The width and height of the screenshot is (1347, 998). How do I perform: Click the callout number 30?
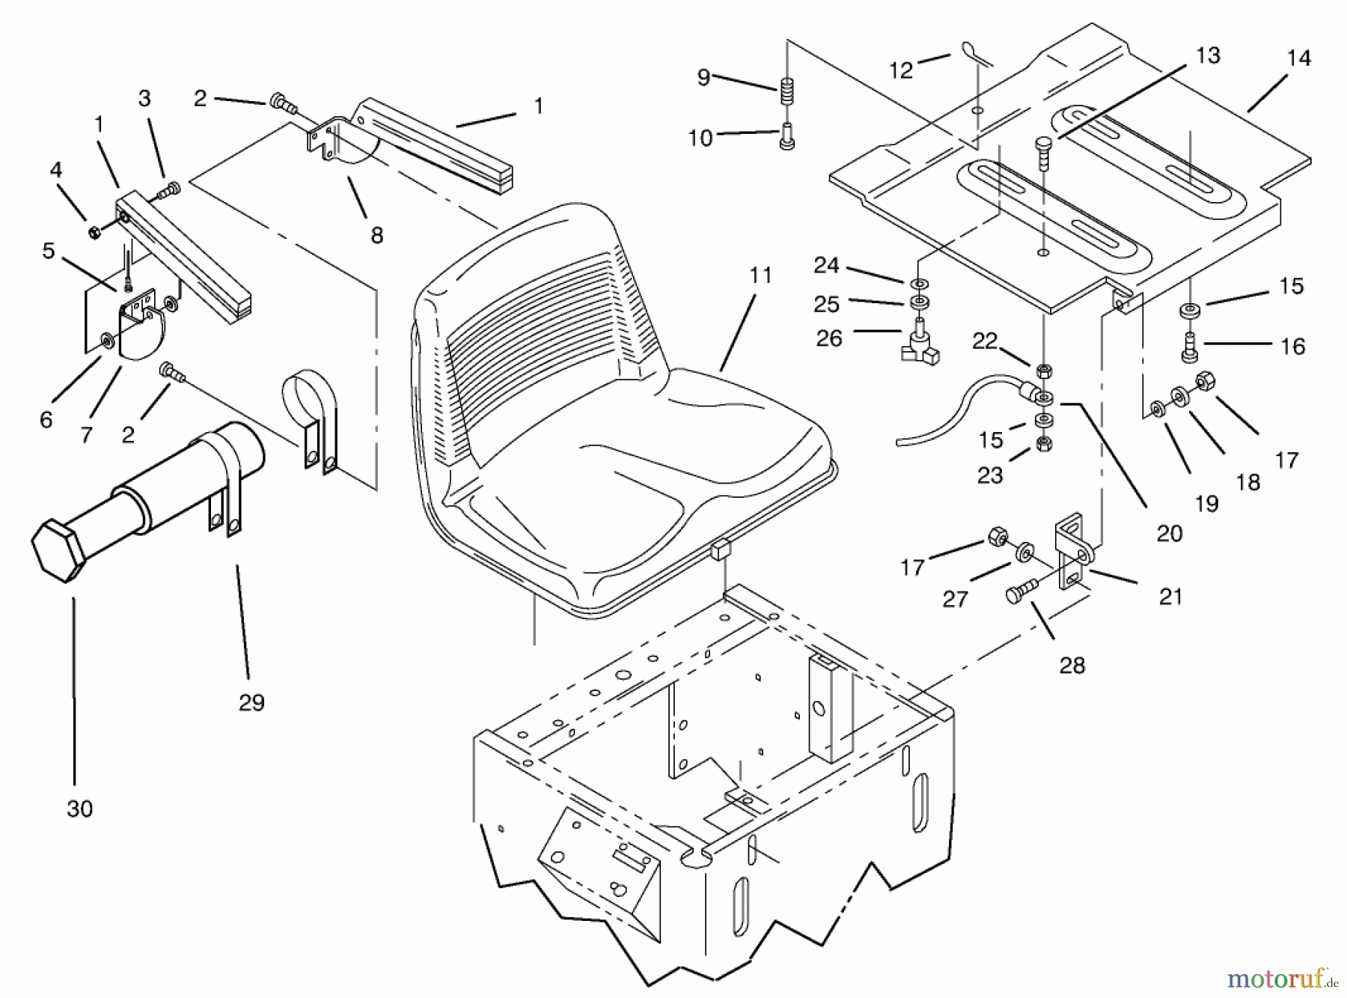[79, 809]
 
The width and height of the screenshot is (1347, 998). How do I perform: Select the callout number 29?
[251, 702]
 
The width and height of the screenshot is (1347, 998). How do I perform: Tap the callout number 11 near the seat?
[760, 276]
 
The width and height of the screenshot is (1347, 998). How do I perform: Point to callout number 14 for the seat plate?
[1299, 58]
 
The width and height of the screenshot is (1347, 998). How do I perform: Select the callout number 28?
[1072, 665]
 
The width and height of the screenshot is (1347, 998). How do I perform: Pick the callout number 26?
[829, 338]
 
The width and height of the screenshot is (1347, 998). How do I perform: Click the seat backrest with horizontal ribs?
[539, 299]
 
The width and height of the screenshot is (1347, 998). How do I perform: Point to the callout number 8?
[376, 235]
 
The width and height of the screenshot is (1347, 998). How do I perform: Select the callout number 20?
[1169, 533]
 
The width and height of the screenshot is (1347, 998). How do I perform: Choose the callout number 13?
[1208, 55]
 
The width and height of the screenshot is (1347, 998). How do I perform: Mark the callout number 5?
[49, 251]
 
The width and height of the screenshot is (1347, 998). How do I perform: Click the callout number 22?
[985, 341]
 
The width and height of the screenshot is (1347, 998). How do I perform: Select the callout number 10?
[700, 138]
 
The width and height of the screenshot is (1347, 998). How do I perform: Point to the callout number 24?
[826, 266]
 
